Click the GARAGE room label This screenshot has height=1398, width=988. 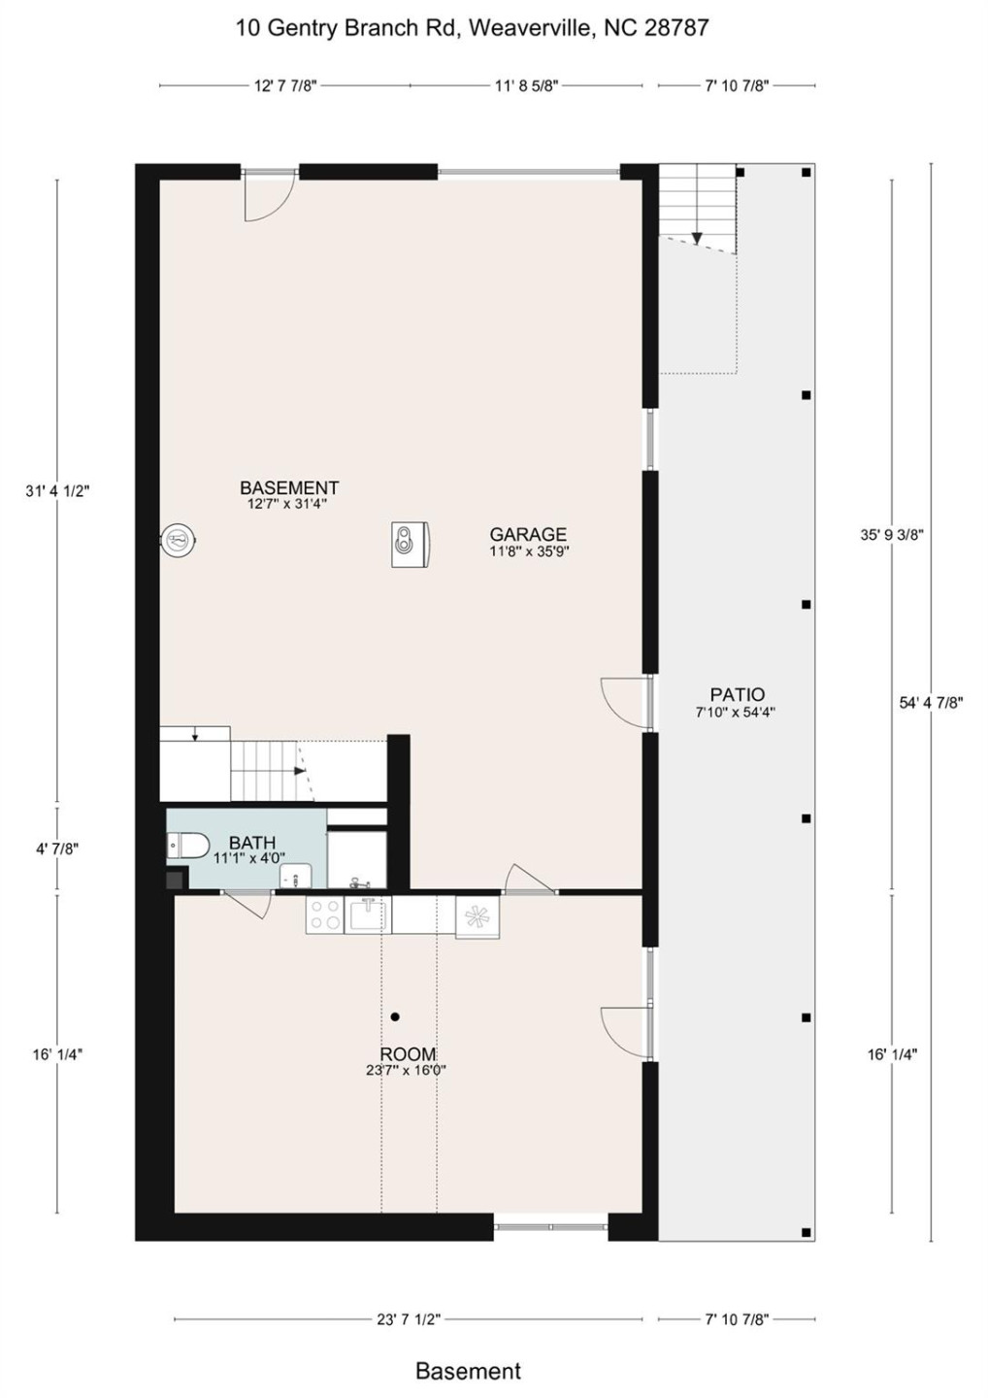pos(528,535)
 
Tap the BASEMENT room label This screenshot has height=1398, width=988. pos(289,488)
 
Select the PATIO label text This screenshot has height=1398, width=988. pos(737,695)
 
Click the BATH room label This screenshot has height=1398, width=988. pos(252,843)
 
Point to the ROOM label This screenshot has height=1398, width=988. pos(408,1054)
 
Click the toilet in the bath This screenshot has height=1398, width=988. pos(188,847)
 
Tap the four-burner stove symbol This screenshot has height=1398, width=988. pos(324,915)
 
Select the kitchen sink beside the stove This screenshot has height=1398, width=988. pos(369,915)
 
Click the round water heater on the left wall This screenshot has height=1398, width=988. pos(179,539)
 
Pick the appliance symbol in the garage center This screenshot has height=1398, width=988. pos(410,544)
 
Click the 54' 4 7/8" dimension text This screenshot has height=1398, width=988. pos(930,703)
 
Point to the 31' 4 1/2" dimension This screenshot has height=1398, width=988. pos(57,491)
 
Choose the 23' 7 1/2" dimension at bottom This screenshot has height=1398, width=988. pos(408,1319)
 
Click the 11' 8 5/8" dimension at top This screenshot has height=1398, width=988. pos(526,86)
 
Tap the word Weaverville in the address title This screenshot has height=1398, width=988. pos(530,28)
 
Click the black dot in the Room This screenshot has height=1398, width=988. pos(395,1016)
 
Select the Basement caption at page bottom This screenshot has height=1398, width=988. pos(468,1371)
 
